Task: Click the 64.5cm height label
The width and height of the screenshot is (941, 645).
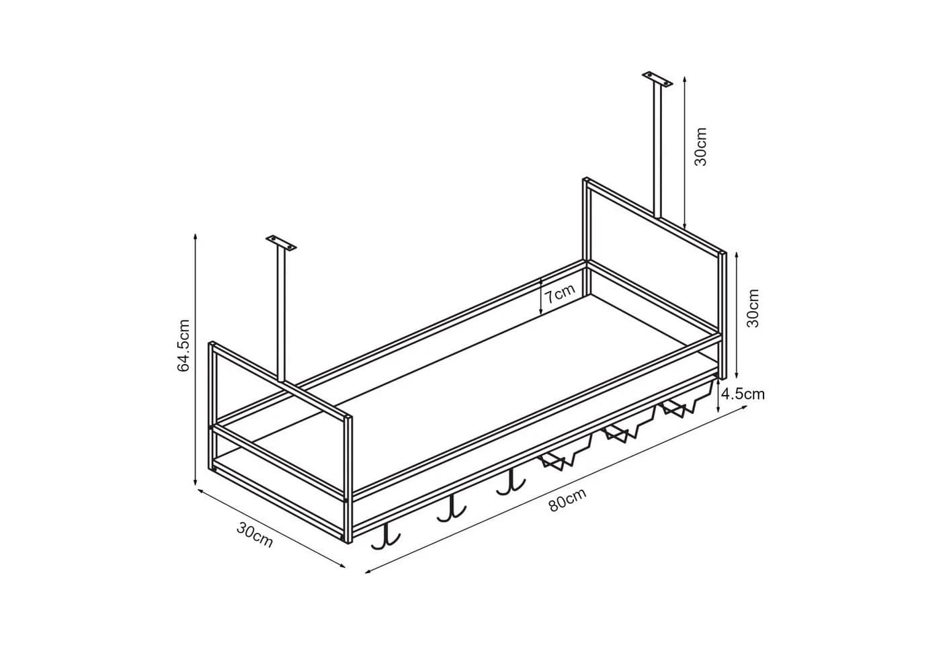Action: pos(184,345)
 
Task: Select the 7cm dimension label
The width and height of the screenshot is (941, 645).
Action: pos(559,294)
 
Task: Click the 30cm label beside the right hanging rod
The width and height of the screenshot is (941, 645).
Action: pos(700,146)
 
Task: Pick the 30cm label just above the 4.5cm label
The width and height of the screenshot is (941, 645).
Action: pos(753,308)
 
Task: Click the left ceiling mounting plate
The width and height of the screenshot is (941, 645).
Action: pos(281,243)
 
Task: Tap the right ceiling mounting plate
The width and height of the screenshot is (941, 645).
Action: pos(657,79)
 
